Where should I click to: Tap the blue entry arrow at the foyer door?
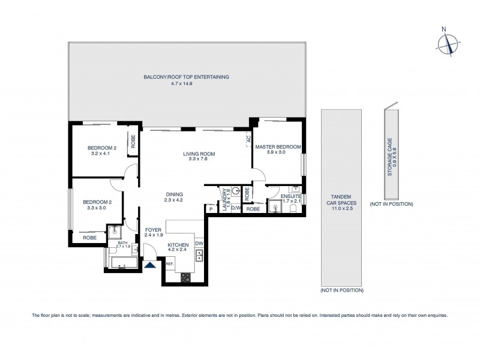click(150, 263)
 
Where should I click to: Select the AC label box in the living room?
click(248, 139)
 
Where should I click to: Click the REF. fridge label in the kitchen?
click(169, 263)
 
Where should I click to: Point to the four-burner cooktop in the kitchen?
click(186, 277)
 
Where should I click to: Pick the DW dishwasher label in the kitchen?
click(199, 243)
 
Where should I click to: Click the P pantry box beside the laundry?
click(211, 209)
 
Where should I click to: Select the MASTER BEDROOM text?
click(278, 146)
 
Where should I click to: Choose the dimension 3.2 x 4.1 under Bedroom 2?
click(101, 154)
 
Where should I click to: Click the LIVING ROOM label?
click(199, 154)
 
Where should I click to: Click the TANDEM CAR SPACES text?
click(340, 200)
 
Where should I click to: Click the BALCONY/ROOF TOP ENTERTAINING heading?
click(186, 77)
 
